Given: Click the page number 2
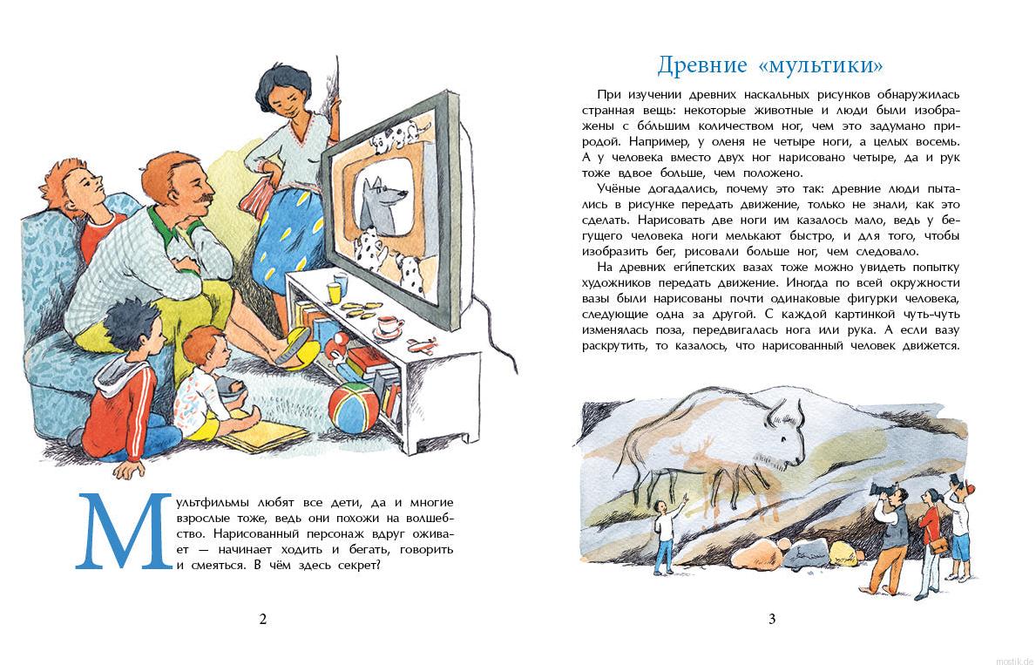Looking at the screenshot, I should click(x=263, y=620).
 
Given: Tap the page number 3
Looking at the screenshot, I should click(x=771, y=620).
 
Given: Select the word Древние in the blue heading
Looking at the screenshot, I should click(x=701, y=66).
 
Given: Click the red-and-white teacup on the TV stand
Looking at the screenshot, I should click(x=389, y=327).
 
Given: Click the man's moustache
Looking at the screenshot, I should click(x=202, y=202).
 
